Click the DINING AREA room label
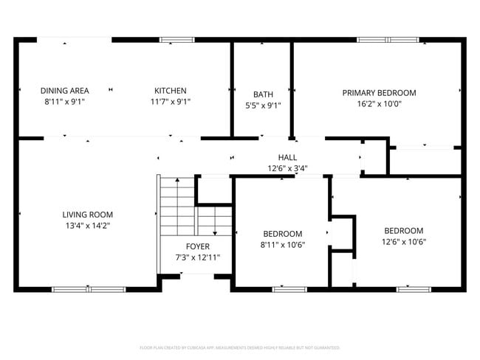pos(64,91)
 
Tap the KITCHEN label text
pos(170,91)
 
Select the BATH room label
pos(263,94)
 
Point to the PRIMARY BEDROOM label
pos(379,93)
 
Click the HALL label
pos(287,157)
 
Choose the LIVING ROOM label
pos(87,215)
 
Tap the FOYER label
pos(197,246)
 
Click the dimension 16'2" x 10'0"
pos(379,104)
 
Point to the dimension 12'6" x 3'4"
pos(287,168)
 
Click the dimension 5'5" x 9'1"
pos(263,105)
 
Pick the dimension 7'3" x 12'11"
pos(197,257)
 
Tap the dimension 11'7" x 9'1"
pos(170,102)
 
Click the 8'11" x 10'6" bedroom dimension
pos(282,245)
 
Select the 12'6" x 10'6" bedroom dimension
pos(404,241)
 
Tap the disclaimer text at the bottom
pos(239,347)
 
